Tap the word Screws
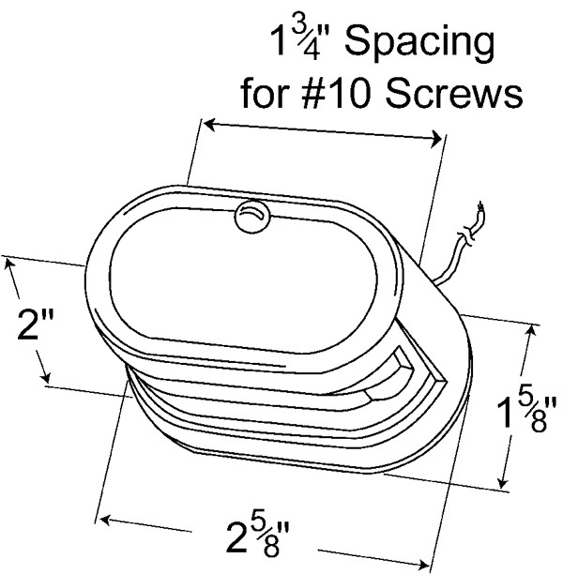pos(454,93)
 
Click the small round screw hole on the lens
pos(251,217)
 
